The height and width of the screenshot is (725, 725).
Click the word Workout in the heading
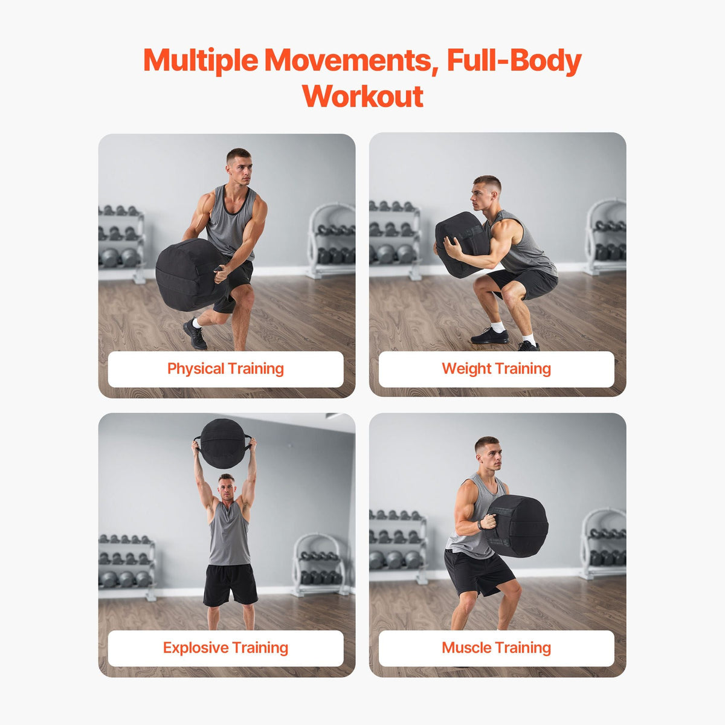(362, 96)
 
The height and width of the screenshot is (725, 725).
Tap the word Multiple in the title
(201, 60)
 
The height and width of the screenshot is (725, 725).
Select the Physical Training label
(225, 369)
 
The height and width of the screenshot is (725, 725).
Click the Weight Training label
(496, 369)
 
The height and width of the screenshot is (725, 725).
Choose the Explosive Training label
(225, 648)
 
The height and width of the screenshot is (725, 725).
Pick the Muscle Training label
(496, 648)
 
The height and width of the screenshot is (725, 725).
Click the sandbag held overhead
(223, 443)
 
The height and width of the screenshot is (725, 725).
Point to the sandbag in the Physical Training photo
(190, 275)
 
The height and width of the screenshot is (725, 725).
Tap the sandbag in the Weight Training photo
(462, 244)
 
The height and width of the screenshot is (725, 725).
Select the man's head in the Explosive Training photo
(227, 487)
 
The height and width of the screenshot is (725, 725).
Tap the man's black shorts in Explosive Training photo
(230, 584)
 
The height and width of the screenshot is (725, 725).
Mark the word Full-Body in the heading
(514, 60)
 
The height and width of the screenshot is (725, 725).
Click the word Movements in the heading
(349, 60)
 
